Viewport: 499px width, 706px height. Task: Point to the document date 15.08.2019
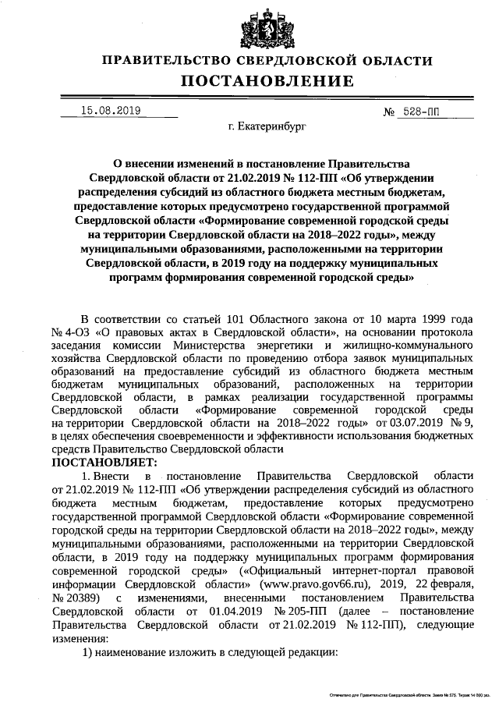[x=110, y=111]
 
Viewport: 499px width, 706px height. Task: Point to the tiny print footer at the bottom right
[x=405, y=693]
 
